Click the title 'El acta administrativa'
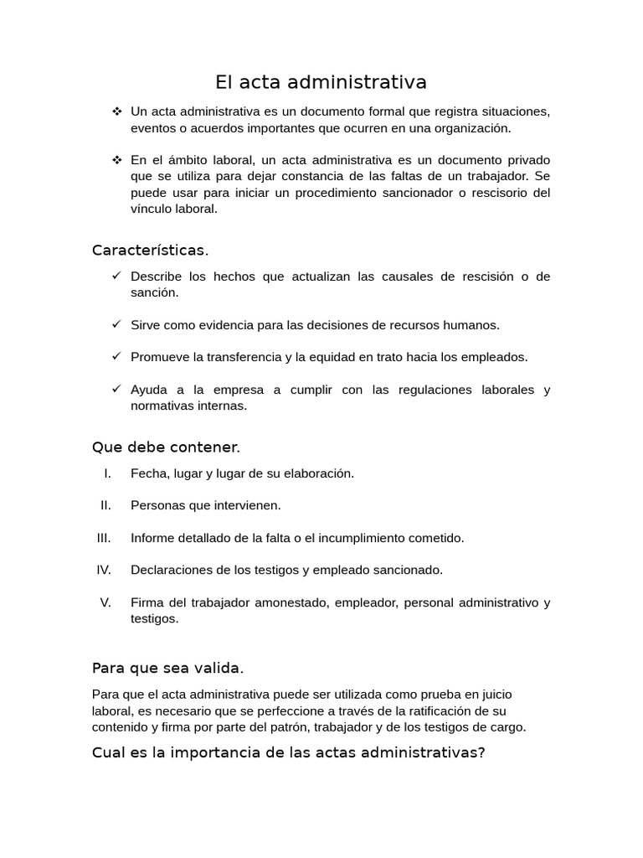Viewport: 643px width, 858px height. [321, 82]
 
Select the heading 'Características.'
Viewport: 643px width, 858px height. [150, 251]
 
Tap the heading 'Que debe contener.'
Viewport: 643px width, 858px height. [166, 448]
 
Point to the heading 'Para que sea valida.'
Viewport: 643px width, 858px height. [167, 668]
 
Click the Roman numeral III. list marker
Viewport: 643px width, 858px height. [104, 538]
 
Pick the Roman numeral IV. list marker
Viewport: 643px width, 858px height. [104, 570]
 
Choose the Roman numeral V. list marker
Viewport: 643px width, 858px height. [105, 602]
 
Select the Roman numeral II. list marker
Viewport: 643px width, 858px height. [105, 505]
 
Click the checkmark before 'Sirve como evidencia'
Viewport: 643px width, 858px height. [116, 324]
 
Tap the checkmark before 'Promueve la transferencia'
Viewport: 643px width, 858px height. [116, 356]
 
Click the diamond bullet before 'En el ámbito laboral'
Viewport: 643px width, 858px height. [116, 159]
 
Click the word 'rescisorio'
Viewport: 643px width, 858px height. [497, 193]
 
